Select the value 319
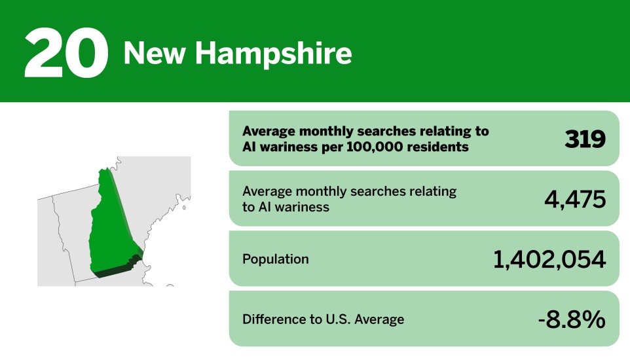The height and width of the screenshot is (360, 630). coord(585,138)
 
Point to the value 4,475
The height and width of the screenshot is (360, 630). coord(574,198)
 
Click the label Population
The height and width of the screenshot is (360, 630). coord(275,259)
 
